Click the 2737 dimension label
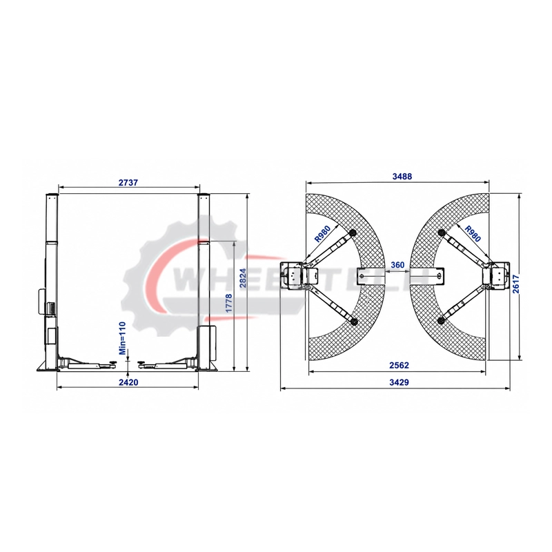(128, 183)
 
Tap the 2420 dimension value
(128, 382)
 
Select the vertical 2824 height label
(243, 278)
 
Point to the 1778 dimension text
(229, 303)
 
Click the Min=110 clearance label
(122, 338)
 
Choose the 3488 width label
(402, 176)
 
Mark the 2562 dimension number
(400, 365)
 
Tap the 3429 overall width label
(400, 382)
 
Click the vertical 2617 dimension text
(516, 284)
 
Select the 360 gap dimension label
(397, 265)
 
